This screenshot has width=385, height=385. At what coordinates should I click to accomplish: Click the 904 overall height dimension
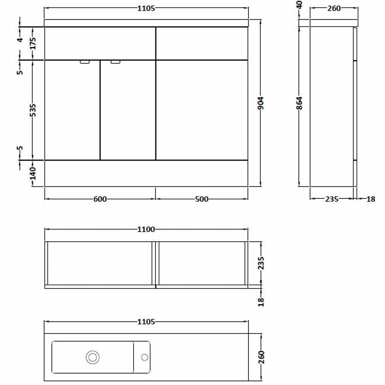(261, 103)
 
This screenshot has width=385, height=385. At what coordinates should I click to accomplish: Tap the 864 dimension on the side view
(299, 103)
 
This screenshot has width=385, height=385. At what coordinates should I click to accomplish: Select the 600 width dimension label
(100, 199)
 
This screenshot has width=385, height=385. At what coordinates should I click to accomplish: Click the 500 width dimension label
(202, 199)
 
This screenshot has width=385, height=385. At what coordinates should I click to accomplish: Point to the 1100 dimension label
(146, 229)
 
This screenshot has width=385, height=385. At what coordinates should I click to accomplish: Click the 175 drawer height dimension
(33, 43)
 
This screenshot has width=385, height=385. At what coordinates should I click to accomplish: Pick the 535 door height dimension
(33, 110)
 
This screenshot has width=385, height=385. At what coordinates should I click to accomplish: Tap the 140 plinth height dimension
(33, 173)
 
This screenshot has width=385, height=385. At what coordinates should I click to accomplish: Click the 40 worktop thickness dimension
(299, 5)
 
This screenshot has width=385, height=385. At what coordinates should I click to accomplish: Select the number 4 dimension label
(20, 40)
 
